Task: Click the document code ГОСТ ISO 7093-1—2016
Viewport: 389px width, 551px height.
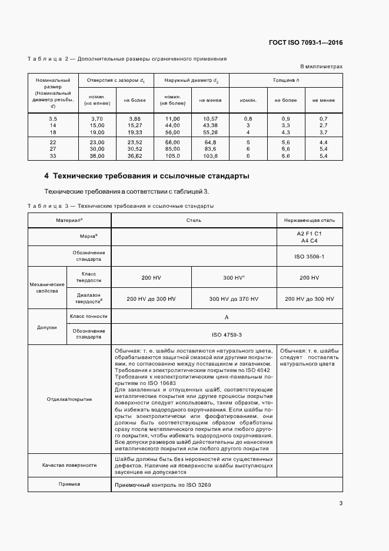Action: coord(305,42)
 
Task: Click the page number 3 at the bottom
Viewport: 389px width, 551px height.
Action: coord(341,503)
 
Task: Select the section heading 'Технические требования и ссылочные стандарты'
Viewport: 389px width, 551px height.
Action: coord(147,176)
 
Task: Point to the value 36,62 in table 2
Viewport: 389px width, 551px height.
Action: coord(135,156)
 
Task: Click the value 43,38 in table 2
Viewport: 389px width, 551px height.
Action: coord(210,125)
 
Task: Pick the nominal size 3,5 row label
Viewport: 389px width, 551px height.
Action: coord(53,119)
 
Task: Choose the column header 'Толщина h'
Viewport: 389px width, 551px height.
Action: coord(285,79)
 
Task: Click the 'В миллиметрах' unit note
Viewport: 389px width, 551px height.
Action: coord(321,67)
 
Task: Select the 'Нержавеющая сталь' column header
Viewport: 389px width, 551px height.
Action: coord(310,220)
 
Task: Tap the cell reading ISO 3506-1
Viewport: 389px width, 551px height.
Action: coord(310,257)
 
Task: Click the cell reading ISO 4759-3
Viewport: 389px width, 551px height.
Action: coord(227,334)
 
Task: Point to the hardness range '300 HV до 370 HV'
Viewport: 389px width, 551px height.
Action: coord(234,299)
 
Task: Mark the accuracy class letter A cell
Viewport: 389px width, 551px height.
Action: coord(227,317)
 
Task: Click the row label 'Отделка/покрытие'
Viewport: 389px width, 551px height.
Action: coord(69,399)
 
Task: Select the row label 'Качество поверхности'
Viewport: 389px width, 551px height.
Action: coord(69,465)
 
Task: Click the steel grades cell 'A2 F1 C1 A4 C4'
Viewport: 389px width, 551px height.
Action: coord(310,237)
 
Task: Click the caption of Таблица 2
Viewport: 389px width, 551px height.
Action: coord(127,59)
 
